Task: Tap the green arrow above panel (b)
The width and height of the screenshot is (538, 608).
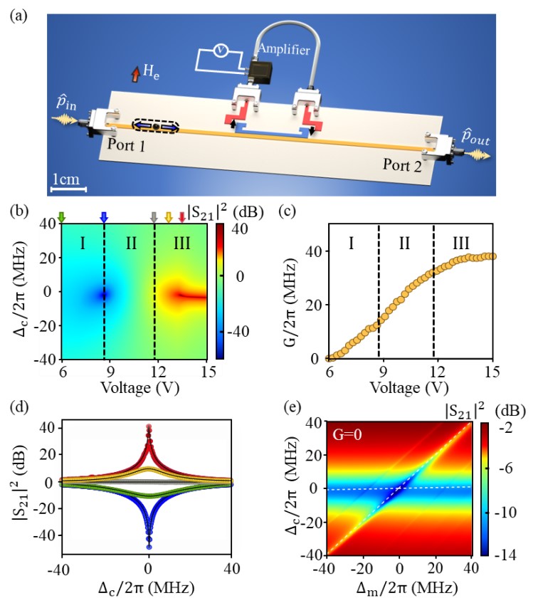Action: click(x=62, y=217)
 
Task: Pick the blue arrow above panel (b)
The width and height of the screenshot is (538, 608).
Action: click(x=104, y=217)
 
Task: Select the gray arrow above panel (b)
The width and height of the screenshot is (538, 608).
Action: click(x=154, y=217)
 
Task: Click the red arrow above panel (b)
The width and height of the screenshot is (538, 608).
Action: click(x=182, y=217)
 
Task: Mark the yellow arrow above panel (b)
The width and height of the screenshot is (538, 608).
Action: click(x=169, y=217)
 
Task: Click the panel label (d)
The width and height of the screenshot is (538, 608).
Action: click(x=19, y=405)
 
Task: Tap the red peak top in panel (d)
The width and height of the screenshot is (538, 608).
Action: click(x=149, y=427)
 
